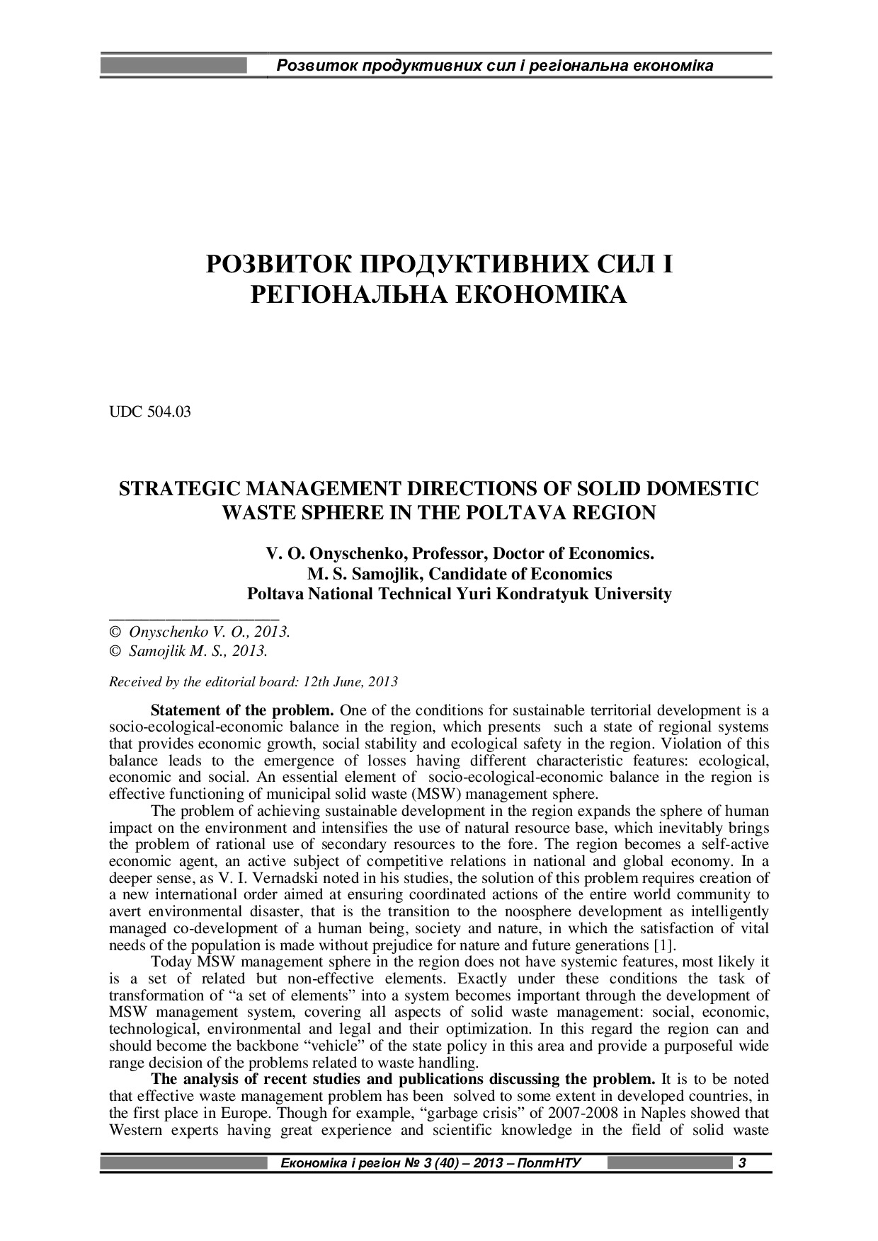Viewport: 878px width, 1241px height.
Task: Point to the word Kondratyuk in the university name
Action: (x=543, y=594)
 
